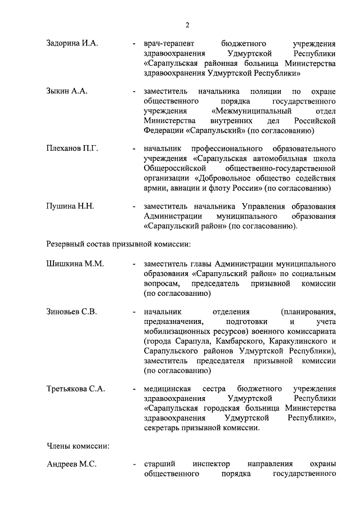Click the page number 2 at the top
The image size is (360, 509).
point(187,24)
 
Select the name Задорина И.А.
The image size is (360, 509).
point(71,43)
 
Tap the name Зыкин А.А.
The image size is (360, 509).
point(66,91)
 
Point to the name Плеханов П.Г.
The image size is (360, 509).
point(72,148)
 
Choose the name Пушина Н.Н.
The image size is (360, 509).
point(70,206)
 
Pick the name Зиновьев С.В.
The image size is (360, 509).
point(71,310)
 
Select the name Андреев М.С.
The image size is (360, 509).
point(71,465)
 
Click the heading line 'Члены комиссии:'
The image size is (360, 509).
point(77,445)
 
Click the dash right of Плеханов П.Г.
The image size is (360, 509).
point(133,148)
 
